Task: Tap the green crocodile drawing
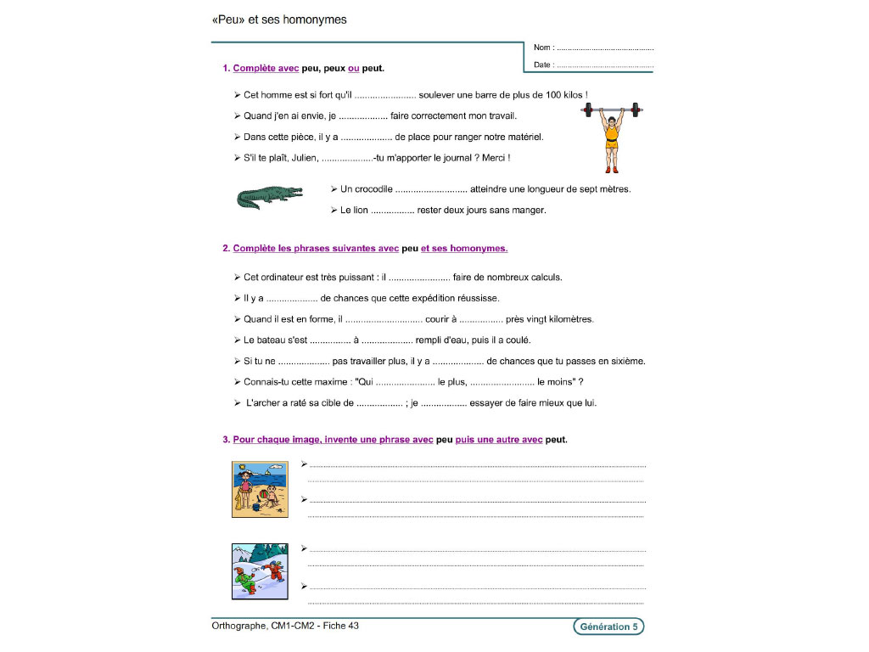[269, 198]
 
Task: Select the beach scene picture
[260, 490]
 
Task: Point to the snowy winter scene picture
[260, 571]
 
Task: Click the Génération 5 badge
[608, 627]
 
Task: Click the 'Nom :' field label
[543, 48]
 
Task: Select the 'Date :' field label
[544, 65]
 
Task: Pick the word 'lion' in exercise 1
[361, 210]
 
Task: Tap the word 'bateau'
[270, 340]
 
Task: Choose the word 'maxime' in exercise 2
[328, 381]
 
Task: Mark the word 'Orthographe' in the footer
[238, 626]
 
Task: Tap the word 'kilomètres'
[568, 319]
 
